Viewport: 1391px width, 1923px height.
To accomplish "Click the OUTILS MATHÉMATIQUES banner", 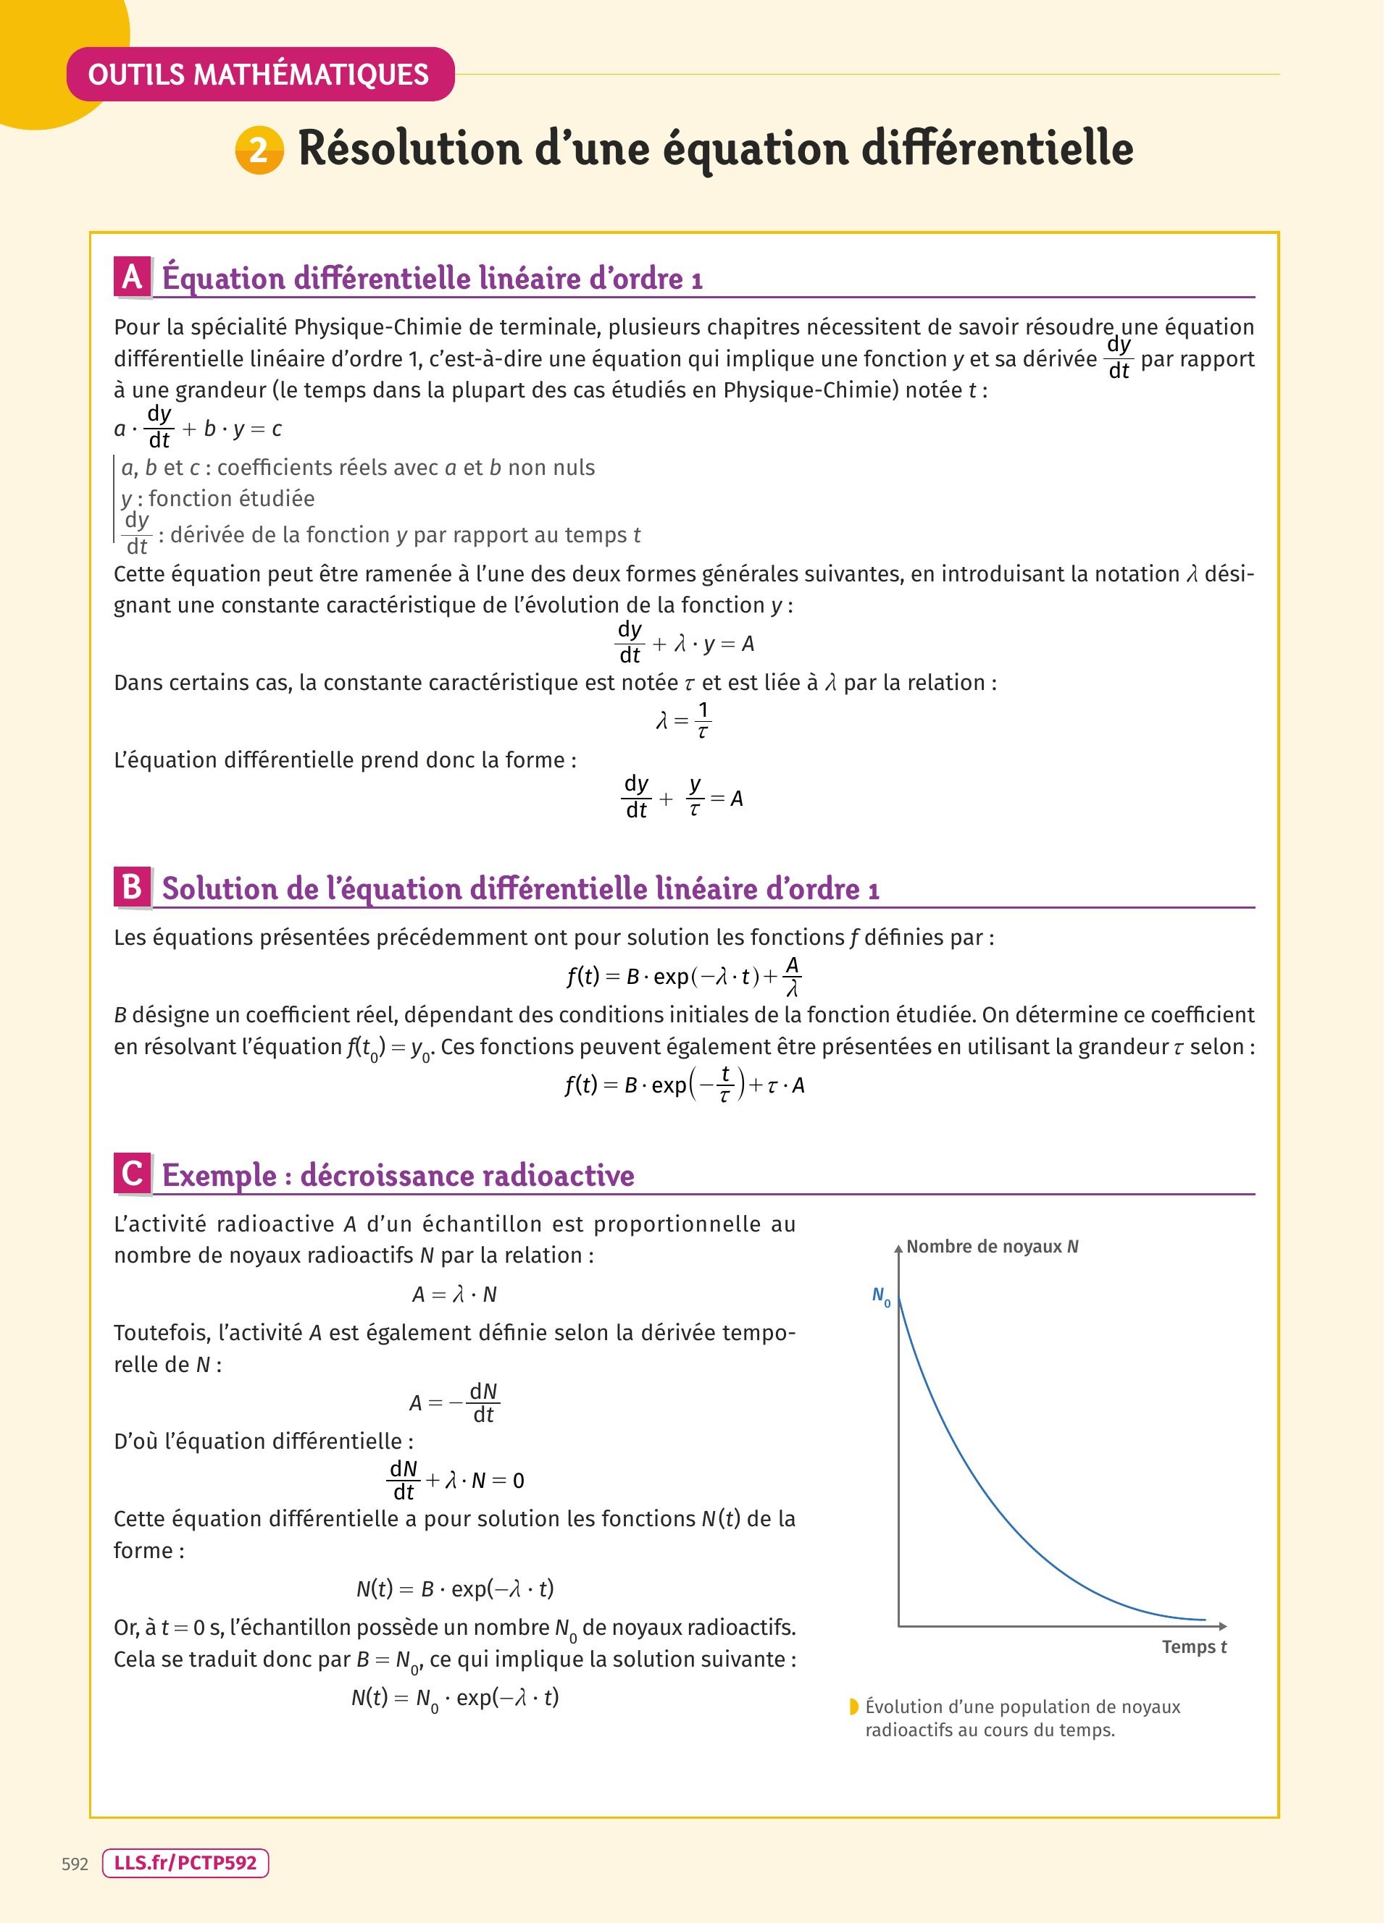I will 259,75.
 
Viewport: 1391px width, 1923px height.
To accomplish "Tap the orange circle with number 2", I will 259,150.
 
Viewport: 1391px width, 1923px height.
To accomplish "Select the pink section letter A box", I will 133,277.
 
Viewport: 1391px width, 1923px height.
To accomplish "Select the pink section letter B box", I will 133,887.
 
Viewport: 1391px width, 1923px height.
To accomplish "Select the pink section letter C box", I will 133,1174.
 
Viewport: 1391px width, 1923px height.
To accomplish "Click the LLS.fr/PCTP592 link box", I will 185,1863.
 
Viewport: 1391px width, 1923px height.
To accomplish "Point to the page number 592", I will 75,1864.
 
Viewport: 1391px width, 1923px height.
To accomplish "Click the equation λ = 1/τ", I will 684,720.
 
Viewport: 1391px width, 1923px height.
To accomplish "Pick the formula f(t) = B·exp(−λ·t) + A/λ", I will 684,977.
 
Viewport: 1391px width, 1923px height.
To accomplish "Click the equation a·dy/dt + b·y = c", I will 198,428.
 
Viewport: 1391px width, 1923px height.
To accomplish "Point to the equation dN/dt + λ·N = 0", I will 456,1481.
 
